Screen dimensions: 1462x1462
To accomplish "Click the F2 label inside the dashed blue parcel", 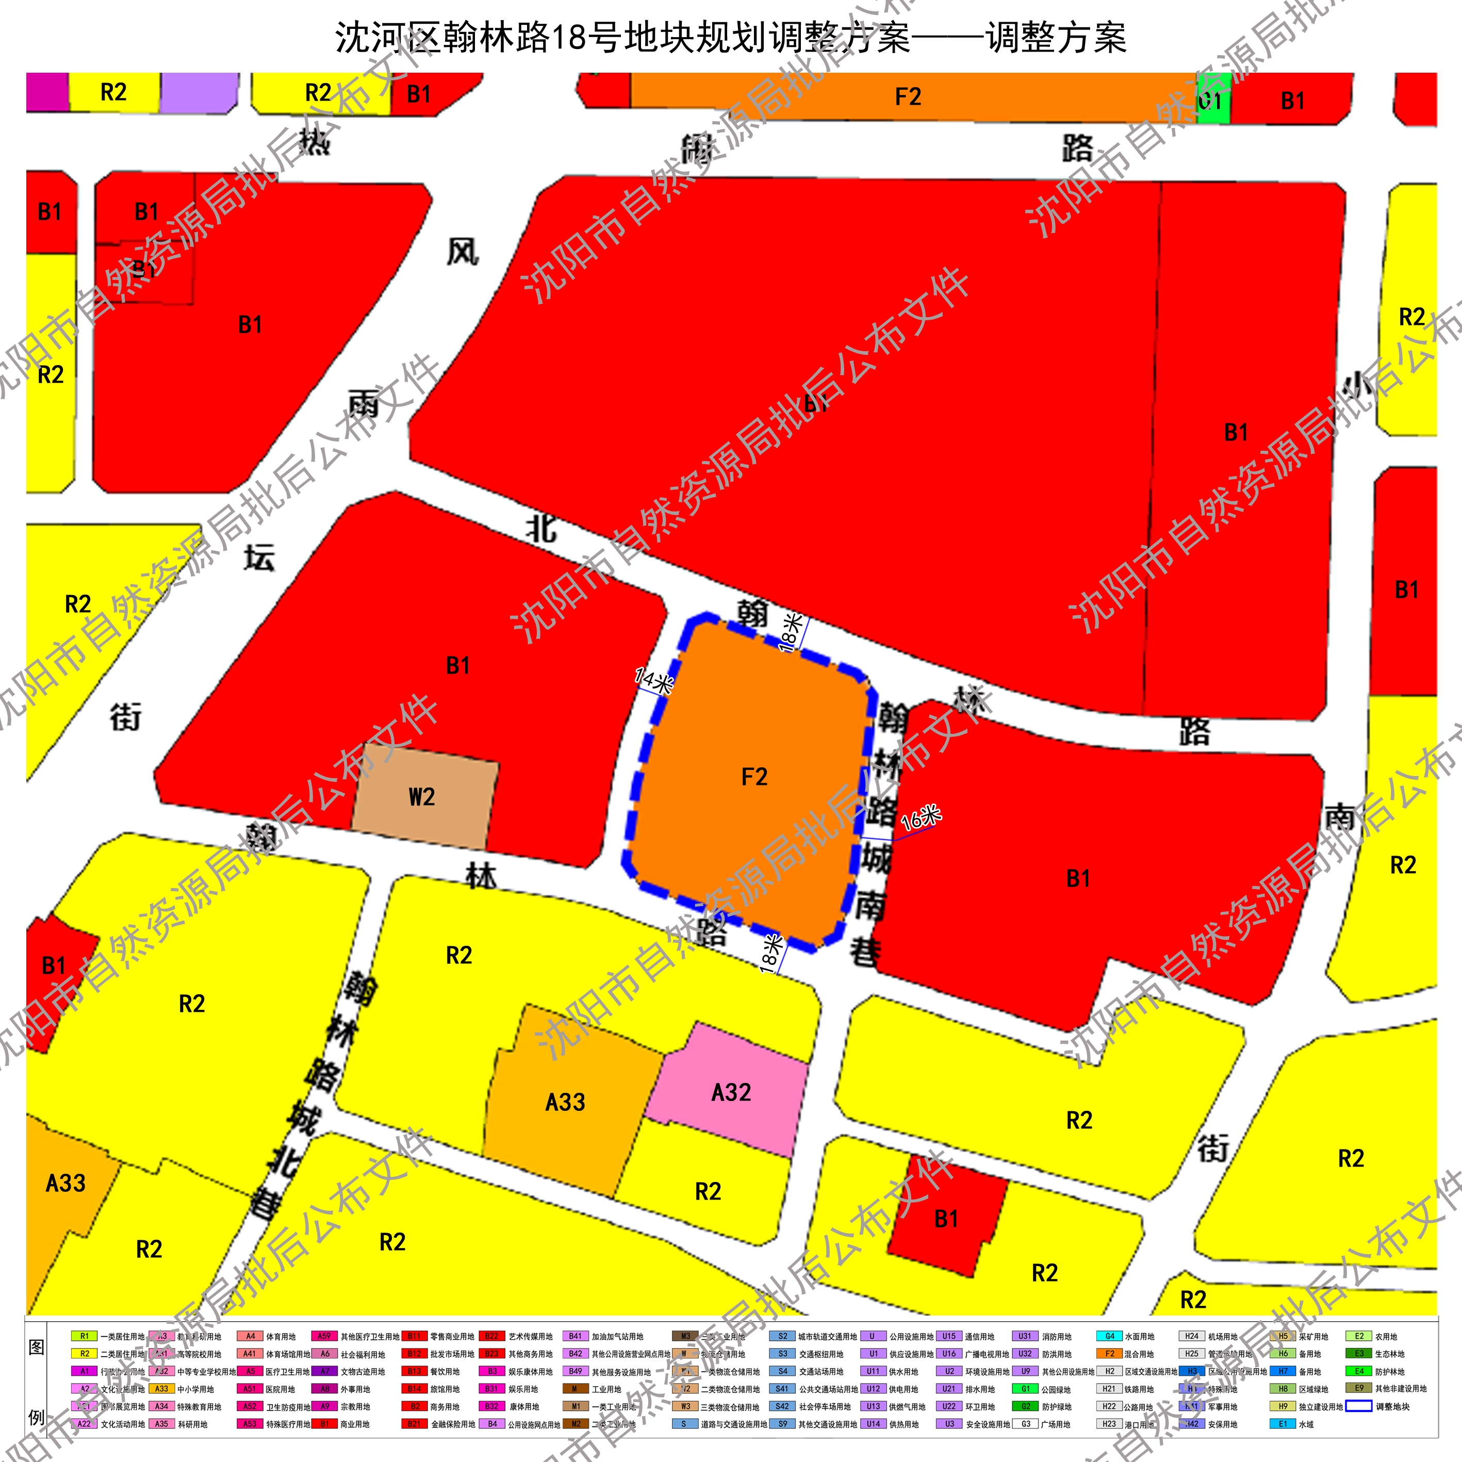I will point(754,777).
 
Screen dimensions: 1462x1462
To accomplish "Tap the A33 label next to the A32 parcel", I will point(565,1102).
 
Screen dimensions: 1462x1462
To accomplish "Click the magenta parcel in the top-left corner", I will point(47,92).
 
